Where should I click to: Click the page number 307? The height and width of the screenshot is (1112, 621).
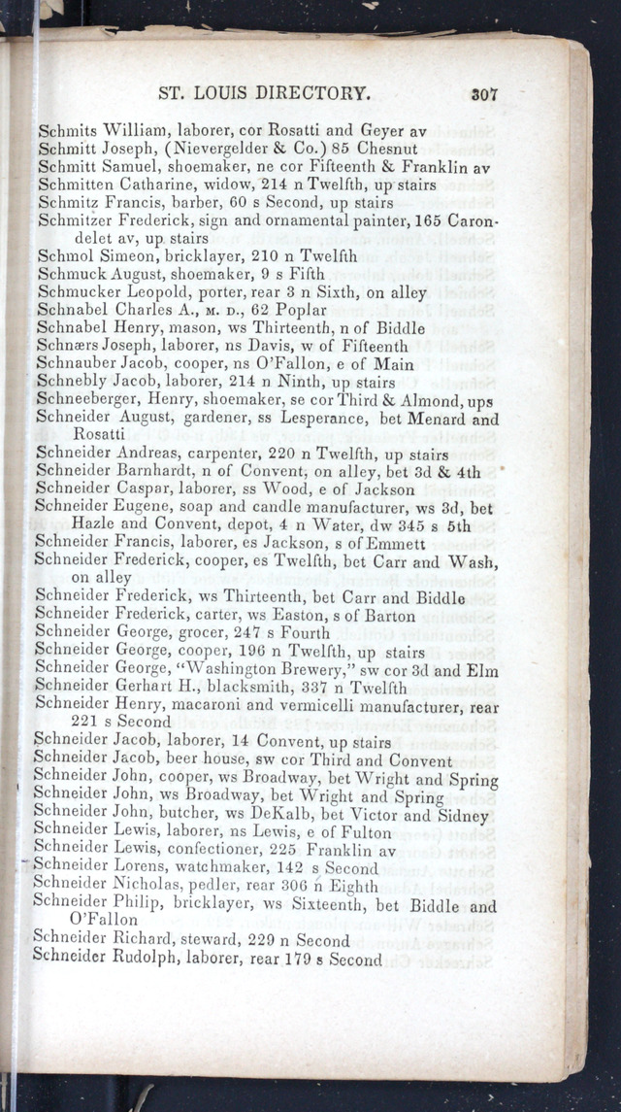point(483,94)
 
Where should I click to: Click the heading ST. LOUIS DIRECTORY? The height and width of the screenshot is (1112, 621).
point(263,94)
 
